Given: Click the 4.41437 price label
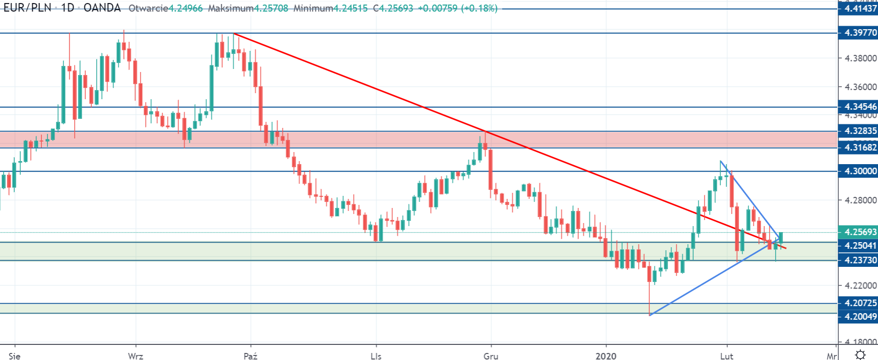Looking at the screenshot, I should tap(858, 9).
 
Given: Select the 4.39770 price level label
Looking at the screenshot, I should tap(858, 33).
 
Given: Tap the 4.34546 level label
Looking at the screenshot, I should tap(858, 107).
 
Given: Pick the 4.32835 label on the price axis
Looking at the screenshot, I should tap(858, 131).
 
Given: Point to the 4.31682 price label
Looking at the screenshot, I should tap(858, 147).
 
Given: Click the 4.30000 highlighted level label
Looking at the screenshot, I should tap(858, 171).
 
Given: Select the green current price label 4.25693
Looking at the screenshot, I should tap(858, 232).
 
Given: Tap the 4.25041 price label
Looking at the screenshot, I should tap(858, 246).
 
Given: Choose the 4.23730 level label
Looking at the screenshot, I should tap(858, 260).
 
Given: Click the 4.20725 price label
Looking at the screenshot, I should tap(858, 303).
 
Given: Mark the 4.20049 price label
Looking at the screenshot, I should tap(858, 317).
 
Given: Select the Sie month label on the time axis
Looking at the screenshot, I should tap(15, 356).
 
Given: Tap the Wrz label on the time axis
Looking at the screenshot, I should tap(136, 356).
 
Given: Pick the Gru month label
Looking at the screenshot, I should tap(491, 356).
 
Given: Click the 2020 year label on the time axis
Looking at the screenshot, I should tap(606, 356).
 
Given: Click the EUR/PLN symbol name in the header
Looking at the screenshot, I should tap(27, 8).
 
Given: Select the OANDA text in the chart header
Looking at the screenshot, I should tap(102, 8).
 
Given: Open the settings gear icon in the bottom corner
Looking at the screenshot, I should tap(860, 355).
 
